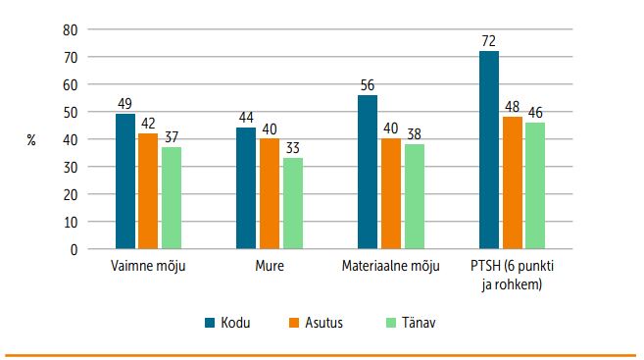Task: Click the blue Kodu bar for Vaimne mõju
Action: coord(125,181)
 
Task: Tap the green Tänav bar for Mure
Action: coord(293,203)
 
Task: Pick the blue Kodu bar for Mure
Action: coord(246,188)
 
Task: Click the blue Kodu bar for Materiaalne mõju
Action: coord(368,172)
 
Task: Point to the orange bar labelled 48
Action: coord(512,182)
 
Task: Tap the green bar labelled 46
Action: coord(535,185)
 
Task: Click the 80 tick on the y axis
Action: coord(71,29)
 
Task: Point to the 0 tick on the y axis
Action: coord(74,249)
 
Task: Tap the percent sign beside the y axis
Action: coord(31,140)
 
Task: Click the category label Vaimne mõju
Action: coord(148,266)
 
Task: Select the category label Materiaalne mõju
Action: coord(390,266)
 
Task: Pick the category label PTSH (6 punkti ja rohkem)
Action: coord(512,273)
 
